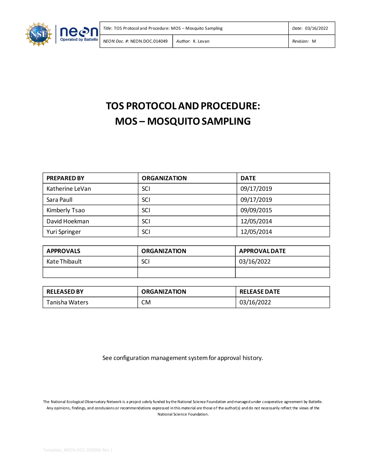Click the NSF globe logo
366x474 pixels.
click(38, 34)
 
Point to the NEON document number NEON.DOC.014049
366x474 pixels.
click(149, 41)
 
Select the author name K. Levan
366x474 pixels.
click(201, 41)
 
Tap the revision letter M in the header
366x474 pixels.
click(314, 41)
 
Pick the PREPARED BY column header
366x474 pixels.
click(66, 178)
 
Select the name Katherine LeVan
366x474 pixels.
click(69, 189)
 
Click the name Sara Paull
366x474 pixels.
click(59, 200)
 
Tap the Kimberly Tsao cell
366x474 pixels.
click(66, 210)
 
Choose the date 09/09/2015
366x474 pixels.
click(256, 210)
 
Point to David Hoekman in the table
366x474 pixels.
click(68, 221)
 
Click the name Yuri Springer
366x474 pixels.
click(64, 232)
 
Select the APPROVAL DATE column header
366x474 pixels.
click(262, 251)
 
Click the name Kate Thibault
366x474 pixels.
click(64, 262)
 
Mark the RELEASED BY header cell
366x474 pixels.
click(65, 292)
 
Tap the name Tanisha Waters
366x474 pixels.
click(67, 302)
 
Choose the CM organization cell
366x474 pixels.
click(146, 302)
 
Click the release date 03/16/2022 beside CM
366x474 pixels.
click(255, 302)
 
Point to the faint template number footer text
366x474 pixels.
click(78, 450)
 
